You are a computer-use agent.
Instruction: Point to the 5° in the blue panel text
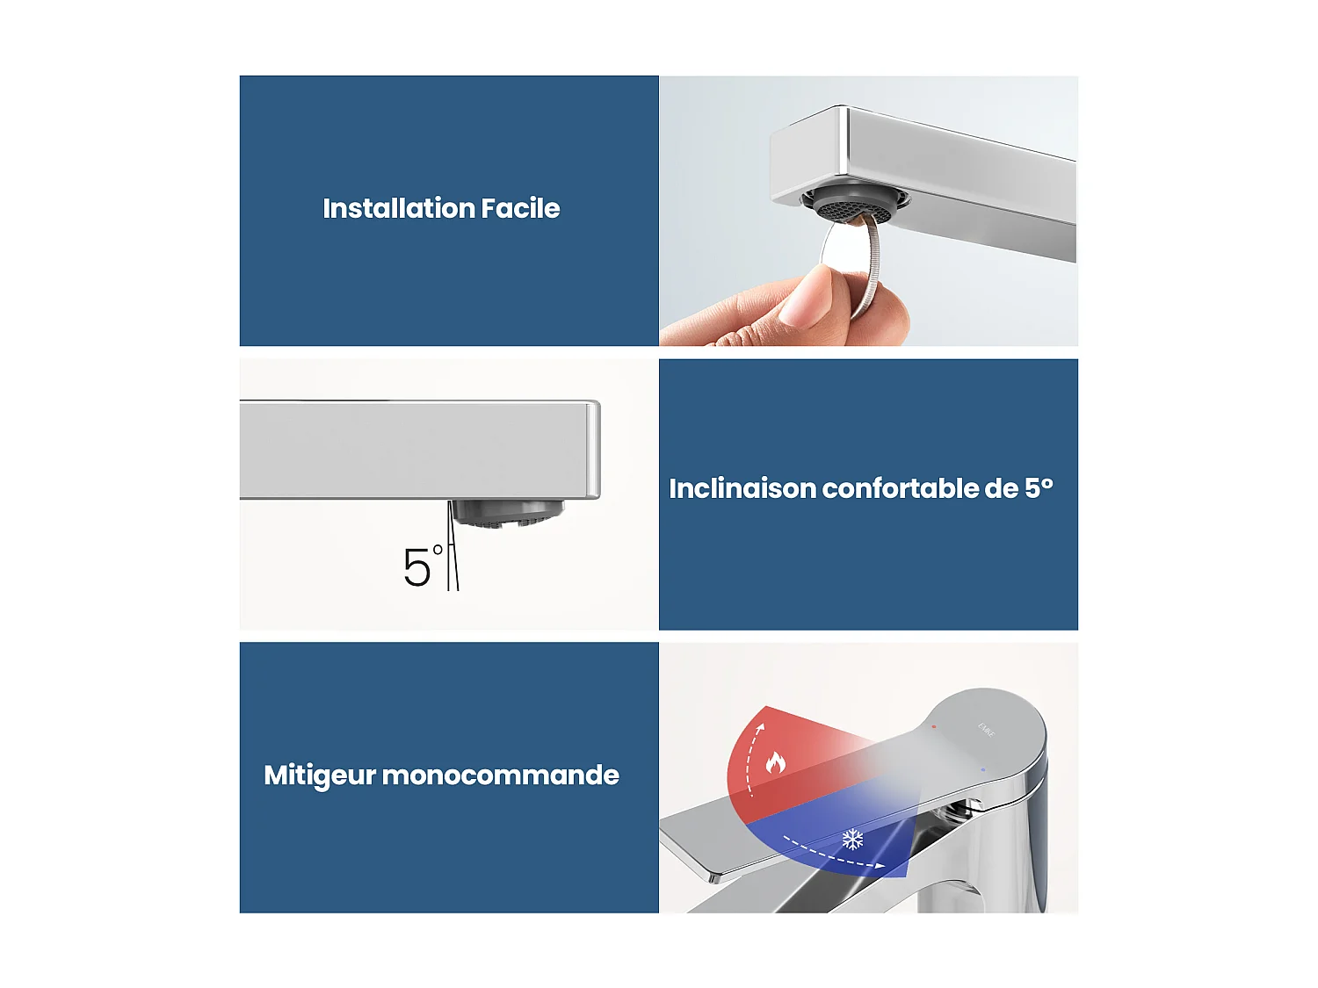coord(1038,487)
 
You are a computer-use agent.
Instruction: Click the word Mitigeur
coord(320,775)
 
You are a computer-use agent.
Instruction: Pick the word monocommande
coord(500,775)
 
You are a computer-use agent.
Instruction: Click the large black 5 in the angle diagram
coord(417,568)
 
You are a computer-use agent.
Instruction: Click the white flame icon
coord(775,761)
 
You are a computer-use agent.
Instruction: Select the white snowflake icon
coord(852,840)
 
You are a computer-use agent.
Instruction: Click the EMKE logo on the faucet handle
coord(987,730)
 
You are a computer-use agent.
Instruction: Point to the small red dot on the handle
coord(933,727)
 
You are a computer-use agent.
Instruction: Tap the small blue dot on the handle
coord(982,770)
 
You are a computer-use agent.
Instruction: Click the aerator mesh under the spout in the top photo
coord(854,207)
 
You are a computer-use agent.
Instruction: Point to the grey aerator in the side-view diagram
coord(505,513)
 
